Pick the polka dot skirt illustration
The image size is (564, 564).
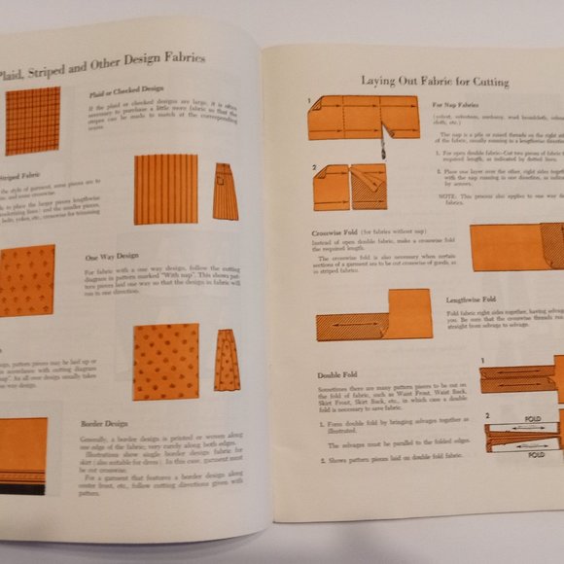click(x=227, y=359)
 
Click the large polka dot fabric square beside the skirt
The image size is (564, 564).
click(x=165, y=361)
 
